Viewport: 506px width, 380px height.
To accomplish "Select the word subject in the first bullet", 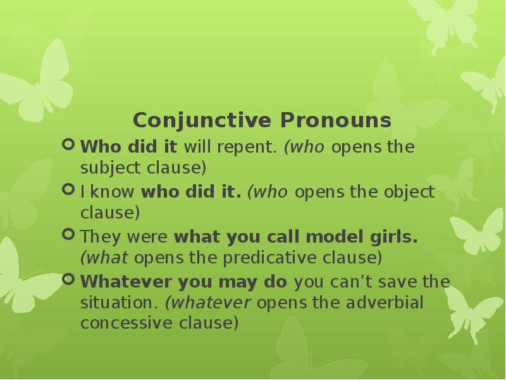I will click(106, 168).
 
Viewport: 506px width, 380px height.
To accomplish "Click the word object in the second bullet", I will click(409, 192).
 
